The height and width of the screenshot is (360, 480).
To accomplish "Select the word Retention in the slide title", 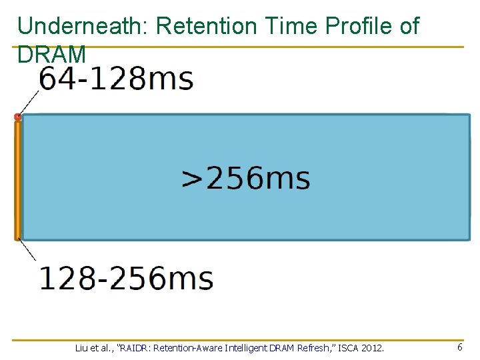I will click(206, 27).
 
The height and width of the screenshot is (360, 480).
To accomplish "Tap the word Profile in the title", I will click(357, 27).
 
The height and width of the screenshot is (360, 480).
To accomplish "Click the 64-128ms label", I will click(117, 79).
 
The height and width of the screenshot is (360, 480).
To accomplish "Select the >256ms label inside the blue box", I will click(246, 179).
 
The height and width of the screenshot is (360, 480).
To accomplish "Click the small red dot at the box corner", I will click(18, 117).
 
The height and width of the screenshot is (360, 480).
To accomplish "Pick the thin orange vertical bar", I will click(18, 180).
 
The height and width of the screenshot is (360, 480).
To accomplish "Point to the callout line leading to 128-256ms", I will click(29, 251).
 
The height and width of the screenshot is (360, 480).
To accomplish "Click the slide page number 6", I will click(460, 347).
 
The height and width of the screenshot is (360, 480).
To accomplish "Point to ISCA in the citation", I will click(353, 348).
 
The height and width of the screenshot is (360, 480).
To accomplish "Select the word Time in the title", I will click(287, 27).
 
